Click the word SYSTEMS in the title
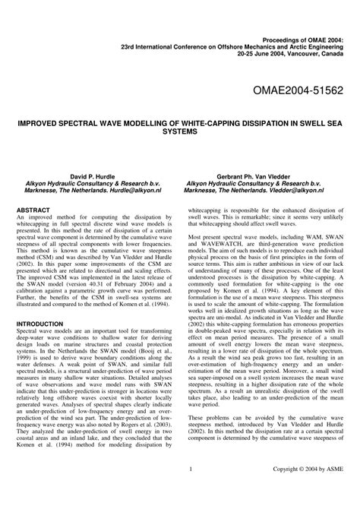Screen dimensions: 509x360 click(180, 131)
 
